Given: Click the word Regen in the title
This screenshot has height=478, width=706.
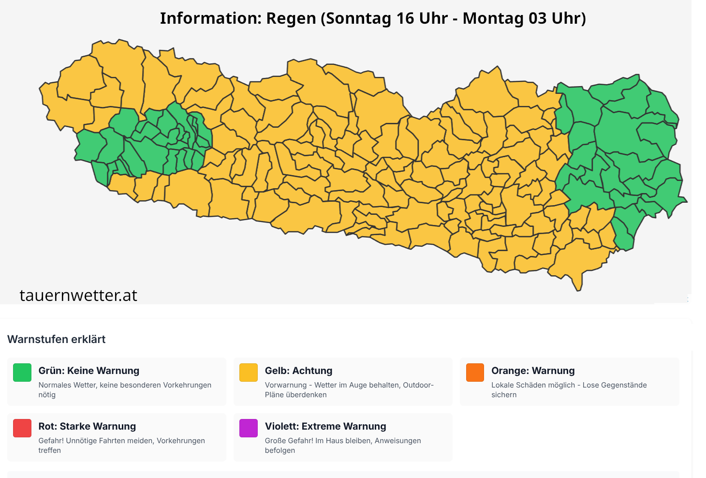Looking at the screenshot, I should [x=292, y=18].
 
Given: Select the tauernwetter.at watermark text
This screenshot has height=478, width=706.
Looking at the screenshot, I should [x=78, y=295].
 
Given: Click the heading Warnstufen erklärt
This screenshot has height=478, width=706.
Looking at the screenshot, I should [x=57, y=339].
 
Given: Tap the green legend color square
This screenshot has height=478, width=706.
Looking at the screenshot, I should [x=22, y=373].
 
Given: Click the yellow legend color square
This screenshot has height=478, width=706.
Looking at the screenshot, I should [x=249, y=373].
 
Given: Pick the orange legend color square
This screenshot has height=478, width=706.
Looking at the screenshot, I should [x=475, y=373].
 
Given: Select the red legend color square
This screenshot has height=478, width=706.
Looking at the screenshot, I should [x=22, y=428].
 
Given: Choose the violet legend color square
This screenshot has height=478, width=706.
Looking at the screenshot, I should [x=249, y=428].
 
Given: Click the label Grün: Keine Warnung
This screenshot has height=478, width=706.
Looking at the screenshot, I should [x=89, y=371].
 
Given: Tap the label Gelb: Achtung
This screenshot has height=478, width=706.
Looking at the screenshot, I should [x=298, y=371].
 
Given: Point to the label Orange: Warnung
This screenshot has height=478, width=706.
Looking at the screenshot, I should [x=533, y=371].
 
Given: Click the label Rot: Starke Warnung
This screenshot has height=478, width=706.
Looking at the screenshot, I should [x=87, y=426].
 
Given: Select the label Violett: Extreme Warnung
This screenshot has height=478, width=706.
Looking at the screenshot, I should [x=325, y=426].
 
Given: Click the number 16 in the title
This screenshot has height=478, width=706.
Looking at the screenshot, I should [x=406, y=18].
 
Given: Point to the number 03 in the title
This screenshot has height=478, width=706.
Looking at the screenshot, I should [x=537, y=18].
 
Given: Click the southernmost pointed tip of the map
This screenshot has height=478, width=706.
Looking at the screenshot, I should [x=578, y=290].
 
